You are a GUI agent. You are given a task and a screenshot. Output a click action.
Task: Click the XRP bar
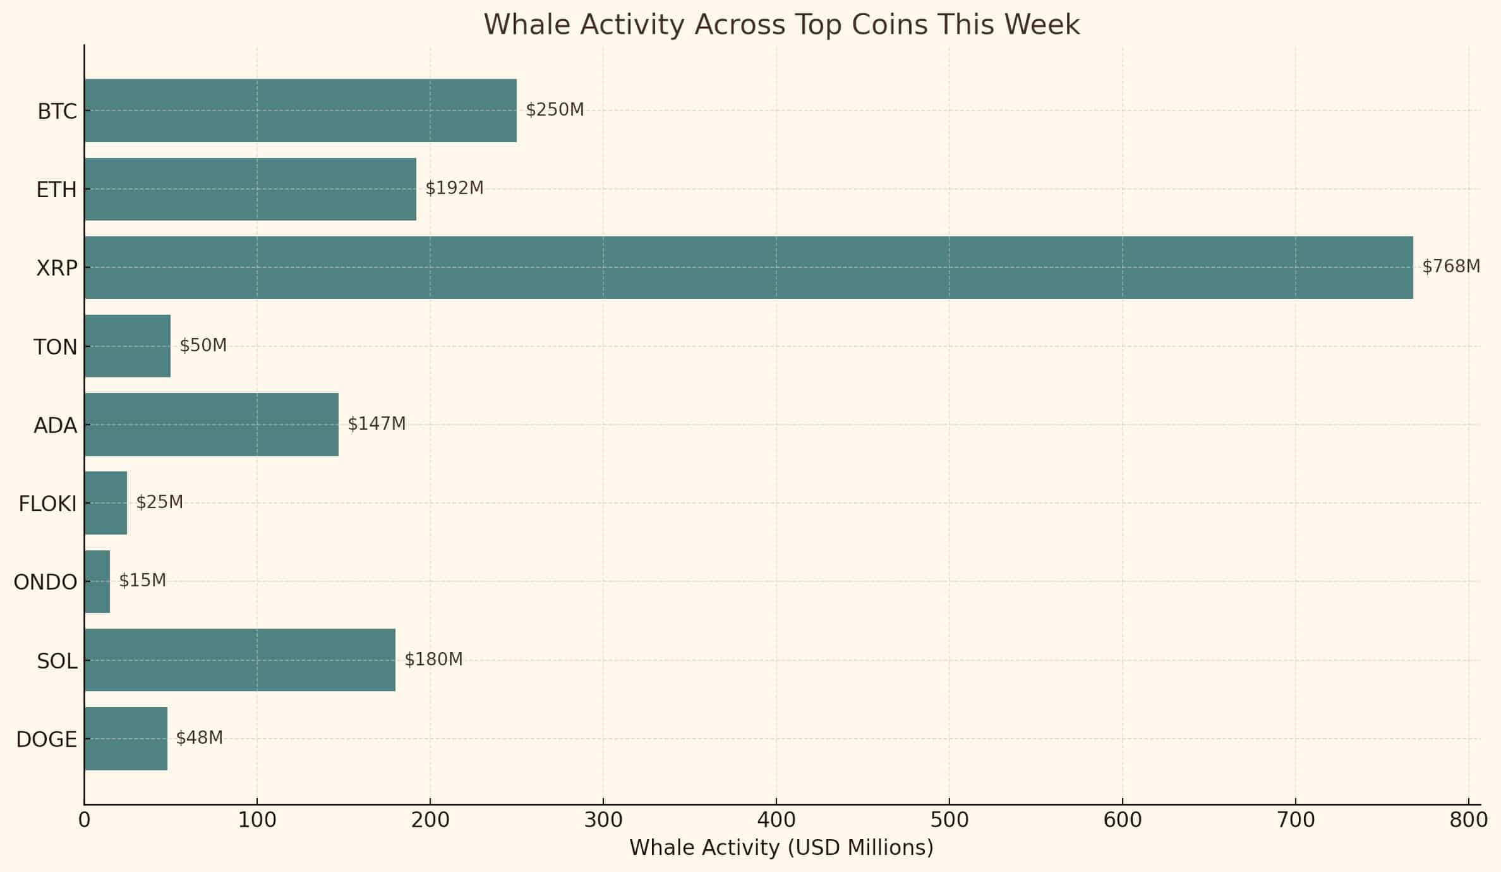point(748,267)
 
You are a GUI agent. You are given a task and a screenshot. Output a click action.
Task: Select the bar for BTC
point(300,111)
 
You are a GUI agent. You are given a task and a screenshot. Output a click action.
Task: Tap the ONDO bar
point(97,581)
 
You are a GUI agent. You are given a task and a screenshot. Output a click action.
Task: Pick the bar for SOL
point(239,660)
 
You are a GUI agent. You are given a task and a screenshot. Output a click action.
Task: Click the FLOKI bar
point(105,503)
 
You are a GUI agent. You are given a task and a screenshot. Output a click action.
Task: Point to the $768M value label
point(1450,267)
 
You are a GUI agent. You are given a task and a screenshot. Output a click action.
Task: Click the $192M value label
point(454,188)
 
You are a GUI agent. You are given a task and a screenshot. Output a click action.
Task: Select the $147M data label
point(377,424)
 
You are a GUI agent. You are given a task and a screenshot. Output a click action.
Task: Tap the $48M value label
point(199,738)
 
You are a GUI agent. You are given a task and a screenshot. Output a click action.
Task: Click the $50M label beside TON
point(203,346)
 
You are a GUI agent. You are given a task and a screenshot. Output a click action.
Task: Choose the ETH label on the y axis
point(56,190)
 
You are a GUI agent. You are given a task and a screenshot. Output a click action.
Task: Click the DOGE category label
point(46,739)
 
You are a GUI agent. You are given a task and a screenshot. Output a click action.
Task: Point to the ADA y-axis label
point(55,426)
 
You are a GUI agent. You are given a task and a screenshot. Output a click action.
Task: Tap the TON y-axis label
point(55,348)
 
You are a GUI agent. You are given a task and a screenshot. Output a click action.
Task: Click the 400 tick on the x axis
point(776,820)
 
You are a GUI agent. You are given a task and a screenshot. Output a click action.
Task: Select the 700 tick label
point(1295,820)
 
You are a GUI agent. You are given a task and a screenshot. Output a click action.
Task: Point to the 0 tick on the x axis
point(84,820)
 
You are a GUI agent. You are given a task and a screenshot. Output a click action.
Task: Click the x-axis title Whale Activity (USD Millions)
point(781,848)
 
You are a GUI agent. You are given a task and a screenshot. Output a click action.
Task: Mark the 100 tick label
point(256,820)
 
